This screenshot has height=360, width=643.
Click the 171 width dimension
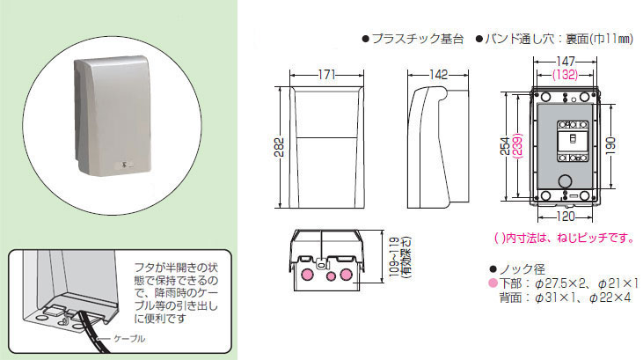(326, 76)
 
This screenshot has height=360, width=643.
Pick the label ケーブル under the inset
(129, 338)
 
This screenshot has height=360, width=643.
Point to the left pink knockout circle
(308, 276)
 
